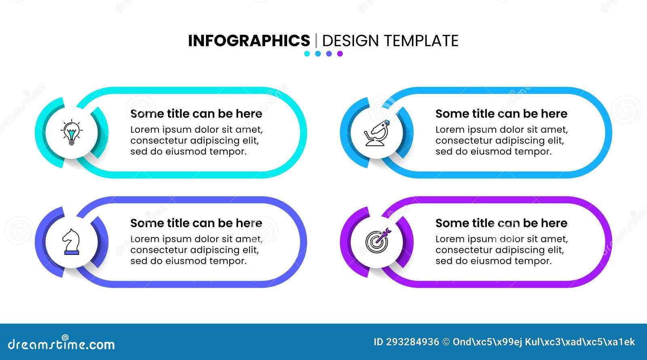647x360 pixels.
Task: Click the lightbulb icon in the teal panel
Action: pos(72,132)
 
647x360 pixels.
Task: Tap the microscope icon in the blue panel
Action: pos(377,133)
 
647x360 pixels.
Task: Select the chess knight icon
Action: pos(71,242)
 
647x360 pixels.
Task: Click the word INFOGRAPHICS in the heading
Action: pos(249,41)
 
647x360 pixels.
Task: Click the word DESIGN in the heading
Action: pos(350,41)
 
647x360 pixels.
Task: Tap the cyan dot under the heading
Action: pos(307,54)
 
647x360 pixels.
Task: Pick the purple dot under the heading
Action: pos(340,54)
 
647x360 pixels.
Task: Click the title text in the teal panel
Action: pos(196,114)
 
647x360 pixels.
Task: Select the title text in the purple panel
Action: pos(501,223)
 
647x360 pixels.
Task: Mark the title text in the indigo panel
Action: pos(196,223)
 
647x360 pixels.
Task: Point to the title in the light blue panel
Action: pos(501,114)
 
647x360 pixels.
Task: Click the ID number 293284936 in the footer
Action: pos(412,342)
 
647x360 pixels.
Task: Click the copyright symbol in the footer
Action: pos(446,342)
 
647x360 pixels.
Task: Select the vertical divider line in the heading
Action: pos(316,41)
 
